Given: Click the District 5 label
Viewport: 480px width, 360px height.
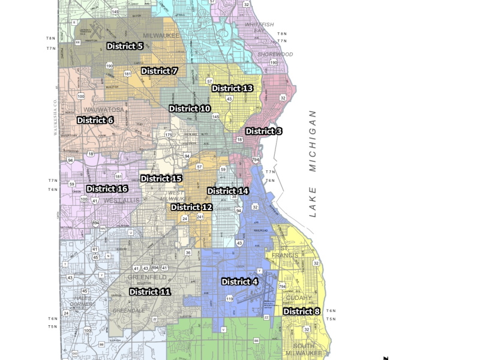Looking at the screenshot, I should (x=125, y=46).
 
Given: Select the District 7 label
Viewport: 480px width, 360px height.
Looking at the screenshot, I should (x=160, y=71).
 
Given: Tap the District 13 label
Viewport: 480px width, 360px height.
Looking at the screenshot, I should (x=232, y=88).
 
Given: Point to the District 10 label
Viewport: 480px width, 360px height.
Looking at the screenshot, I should (x=190, y=109).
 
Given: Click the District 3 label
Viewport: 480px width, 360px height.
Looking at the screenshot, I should (x=263, y=131).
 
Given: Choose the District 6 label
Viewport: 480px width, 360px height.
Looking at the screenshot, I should (x=95, y=120).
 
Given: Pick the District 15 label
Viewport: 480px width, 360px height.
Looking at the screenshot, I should (x=161, y=178).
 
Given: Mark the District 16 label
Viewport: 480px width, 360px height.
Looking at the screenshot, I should (x=107, y=188).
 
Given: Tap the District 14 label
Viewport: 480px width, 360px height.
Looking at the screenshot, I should (x=228, y=191).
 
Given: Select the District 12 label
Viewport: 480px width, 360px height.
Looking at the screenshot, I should (x=191, y=207).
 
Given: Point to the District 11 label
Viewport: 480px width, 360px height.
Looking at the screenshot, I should (x=150, y=292).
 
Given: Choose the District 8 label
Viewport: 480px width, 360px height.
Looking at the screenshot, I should (x=301, y=311).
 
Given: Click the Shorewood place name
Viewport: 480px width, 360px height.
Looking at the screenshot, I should (x=275, y=55).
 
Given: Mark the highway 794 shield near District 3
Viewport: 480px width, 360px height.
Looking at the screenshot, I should (x=256, y=160).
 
